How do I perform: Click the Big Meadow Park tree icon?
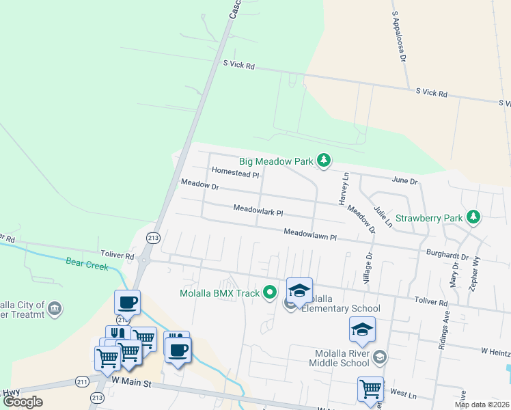[324, 162]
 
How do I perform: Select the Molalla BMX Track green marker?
[270, 293]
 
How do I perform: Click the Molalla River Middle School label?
[342, 357]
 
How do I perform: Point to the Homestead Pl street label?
[236, 174]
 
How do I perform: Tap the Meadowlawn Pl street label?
[311, 234]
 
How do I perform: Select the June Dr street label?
[404, 180]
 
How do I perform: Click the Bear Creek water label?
[87, 263]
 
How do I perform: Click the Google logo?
[23, 402]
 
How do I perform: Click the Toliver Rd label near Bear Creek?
[120, 255]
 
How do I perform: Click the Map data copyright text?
[481, 405]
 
